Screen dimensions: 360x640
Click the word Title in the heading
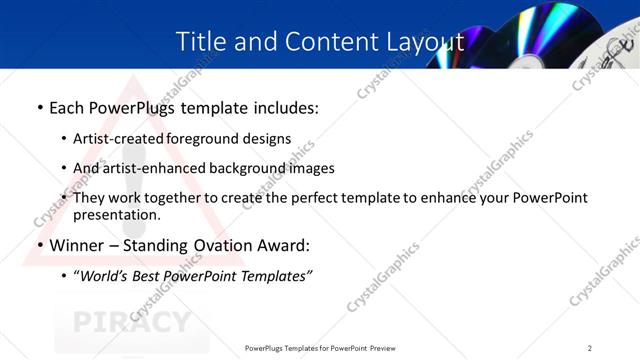200,41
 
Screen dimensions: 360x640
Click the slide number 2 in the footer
590,348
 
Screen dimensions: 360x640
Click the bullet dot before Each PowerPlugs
39,107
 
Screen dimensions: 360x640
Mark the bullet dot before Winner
39,246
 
